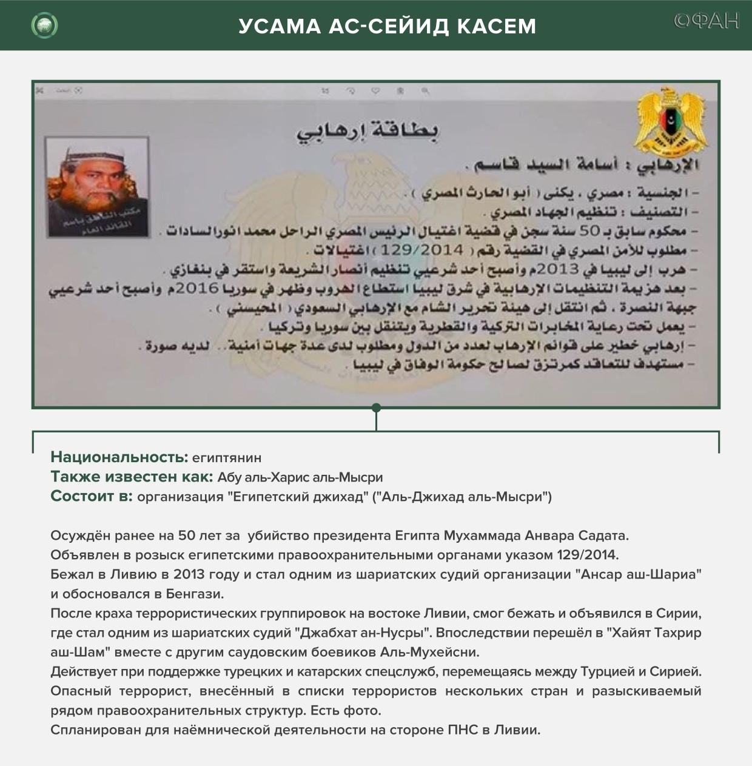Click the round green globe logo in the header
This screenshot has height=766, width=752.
(x=44, y=25)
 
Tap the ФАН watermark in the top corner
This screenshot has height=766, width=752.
(x=707, y=21)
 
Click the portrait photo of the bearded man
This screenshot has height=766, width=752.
(x=98, y=186)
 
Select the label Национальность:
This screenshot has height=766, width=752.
(x=119, y=457)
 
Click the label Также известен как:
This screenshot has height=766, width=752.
(x=132, y=477)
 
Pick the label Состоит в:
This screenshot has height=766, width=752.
(x=92, y=497)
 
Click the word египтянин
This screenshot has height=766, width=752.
(x=226, y=458)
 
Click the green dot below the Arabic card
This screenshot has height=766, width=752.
(x=376, y=408)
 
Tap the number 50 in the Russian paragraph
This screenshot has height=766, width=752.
(x=186, y=536)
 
